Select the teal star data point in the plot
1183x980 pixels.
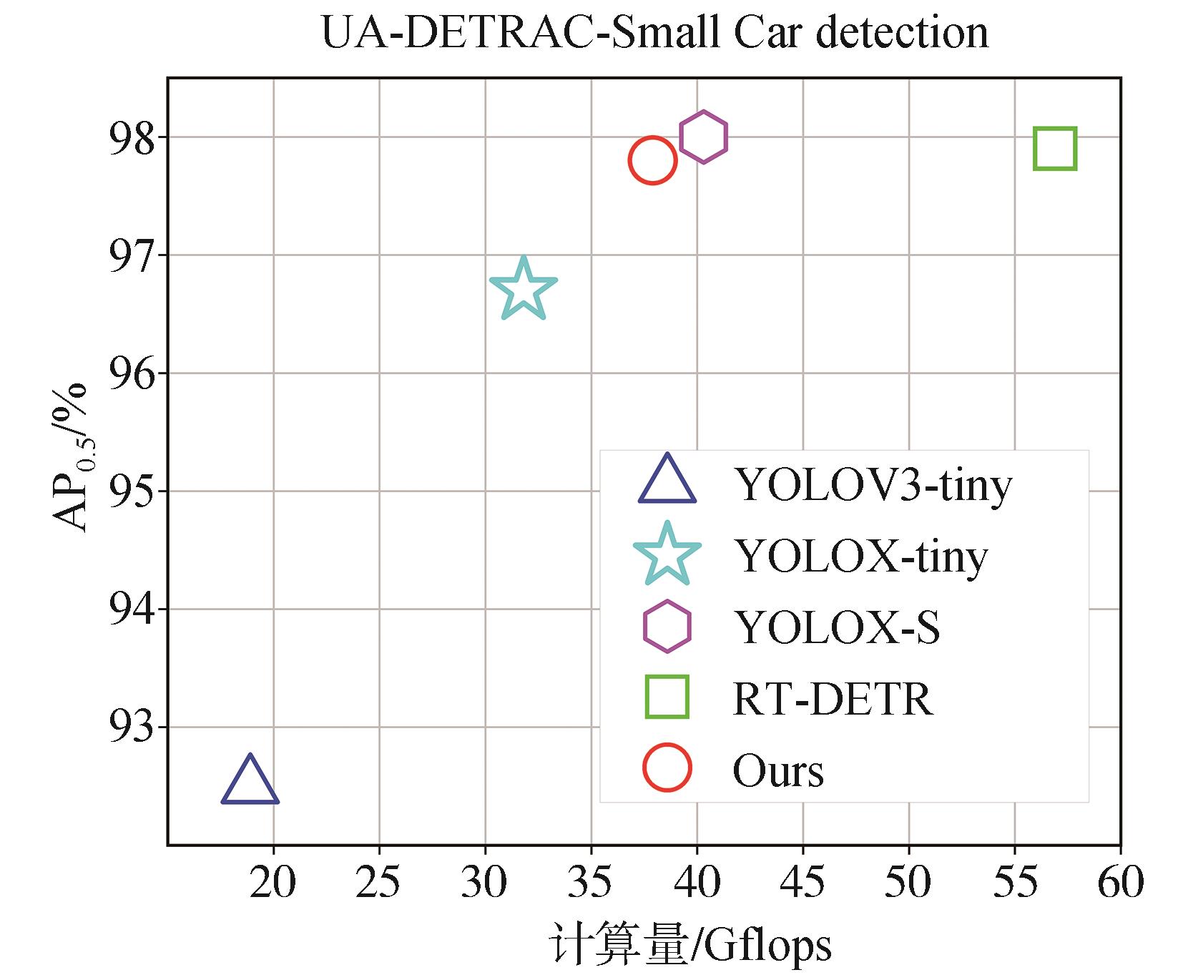[x=524, y=290]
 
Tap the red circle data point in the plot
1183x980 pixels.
[x=652, y=160]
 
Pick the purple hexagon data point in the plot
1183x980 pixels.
[x=704, y=137]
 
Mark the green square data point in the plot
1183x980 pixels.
[x=1055, y=149]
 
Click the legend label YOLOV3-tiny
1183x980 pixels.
[x=873, y=485]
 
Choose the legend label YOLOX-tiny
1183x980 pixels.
[x=860, y=556]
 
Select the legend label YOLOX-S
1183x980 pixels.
[x=837, y=627]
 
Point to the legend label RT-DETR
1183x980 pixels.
[x=833, y=699]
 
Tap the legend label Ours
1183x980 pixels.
[x=778, y=770]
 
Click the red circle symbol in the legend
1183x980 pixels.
[x=667, y=767]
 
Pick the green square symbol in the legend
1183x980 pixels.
[x=667, y=696]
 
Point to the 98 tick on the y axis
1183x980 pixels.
[x=132, y=137]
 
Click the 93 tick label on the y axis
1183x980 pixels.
[x=132, y=727]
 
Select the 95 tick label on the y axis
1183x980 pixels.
[x=132, y=491]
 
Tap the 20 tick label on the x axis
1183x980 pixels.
[x=273, y=882]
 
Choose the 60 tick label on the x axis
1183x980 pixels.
[x=1120, y=882]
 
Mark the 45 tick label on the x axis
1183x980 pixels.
[x=802, y=882]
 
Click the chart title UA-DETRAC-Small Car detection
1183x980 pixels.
[x=655, y=32]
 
